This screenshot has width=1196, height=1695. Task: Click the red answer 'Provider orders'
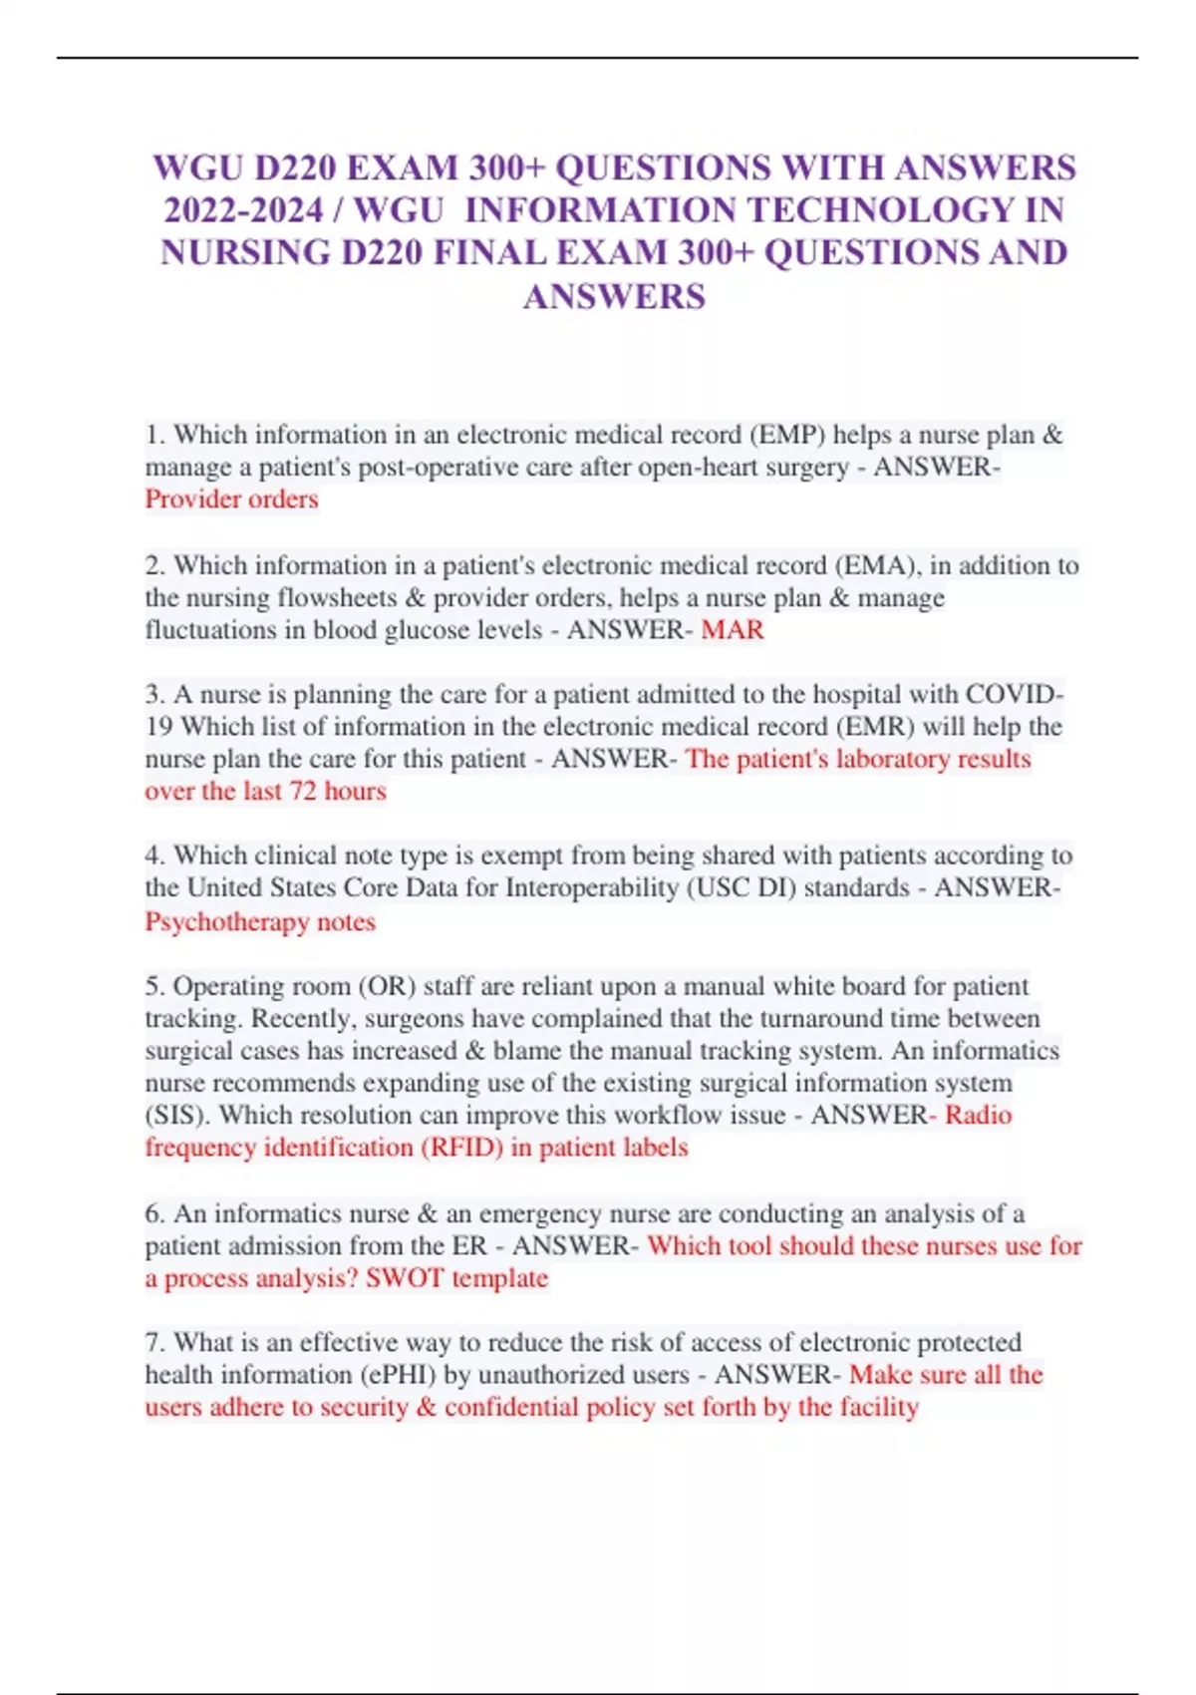tap(231, 499)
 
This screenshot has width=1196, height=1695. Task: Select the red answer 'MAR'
tap(733, 630)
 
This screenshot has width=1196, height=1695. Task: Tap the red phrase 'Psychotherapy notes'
tap(260, 921)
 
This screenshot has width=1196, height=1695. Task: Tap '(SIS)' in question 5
tap(178, 1115)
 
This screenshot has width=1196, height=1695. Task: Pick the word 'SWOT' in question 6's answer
tap(404, 1278)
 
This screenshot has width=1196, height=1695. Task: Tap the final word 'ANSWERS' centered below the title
tap(614, 297)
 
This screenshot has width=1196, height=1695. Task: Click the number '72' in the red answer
tap(303, 792)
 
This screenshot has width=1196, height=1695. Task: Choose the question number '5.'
tap(154, 986)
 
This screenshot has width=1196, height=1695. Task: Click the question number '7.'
tap(154, 1342)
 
